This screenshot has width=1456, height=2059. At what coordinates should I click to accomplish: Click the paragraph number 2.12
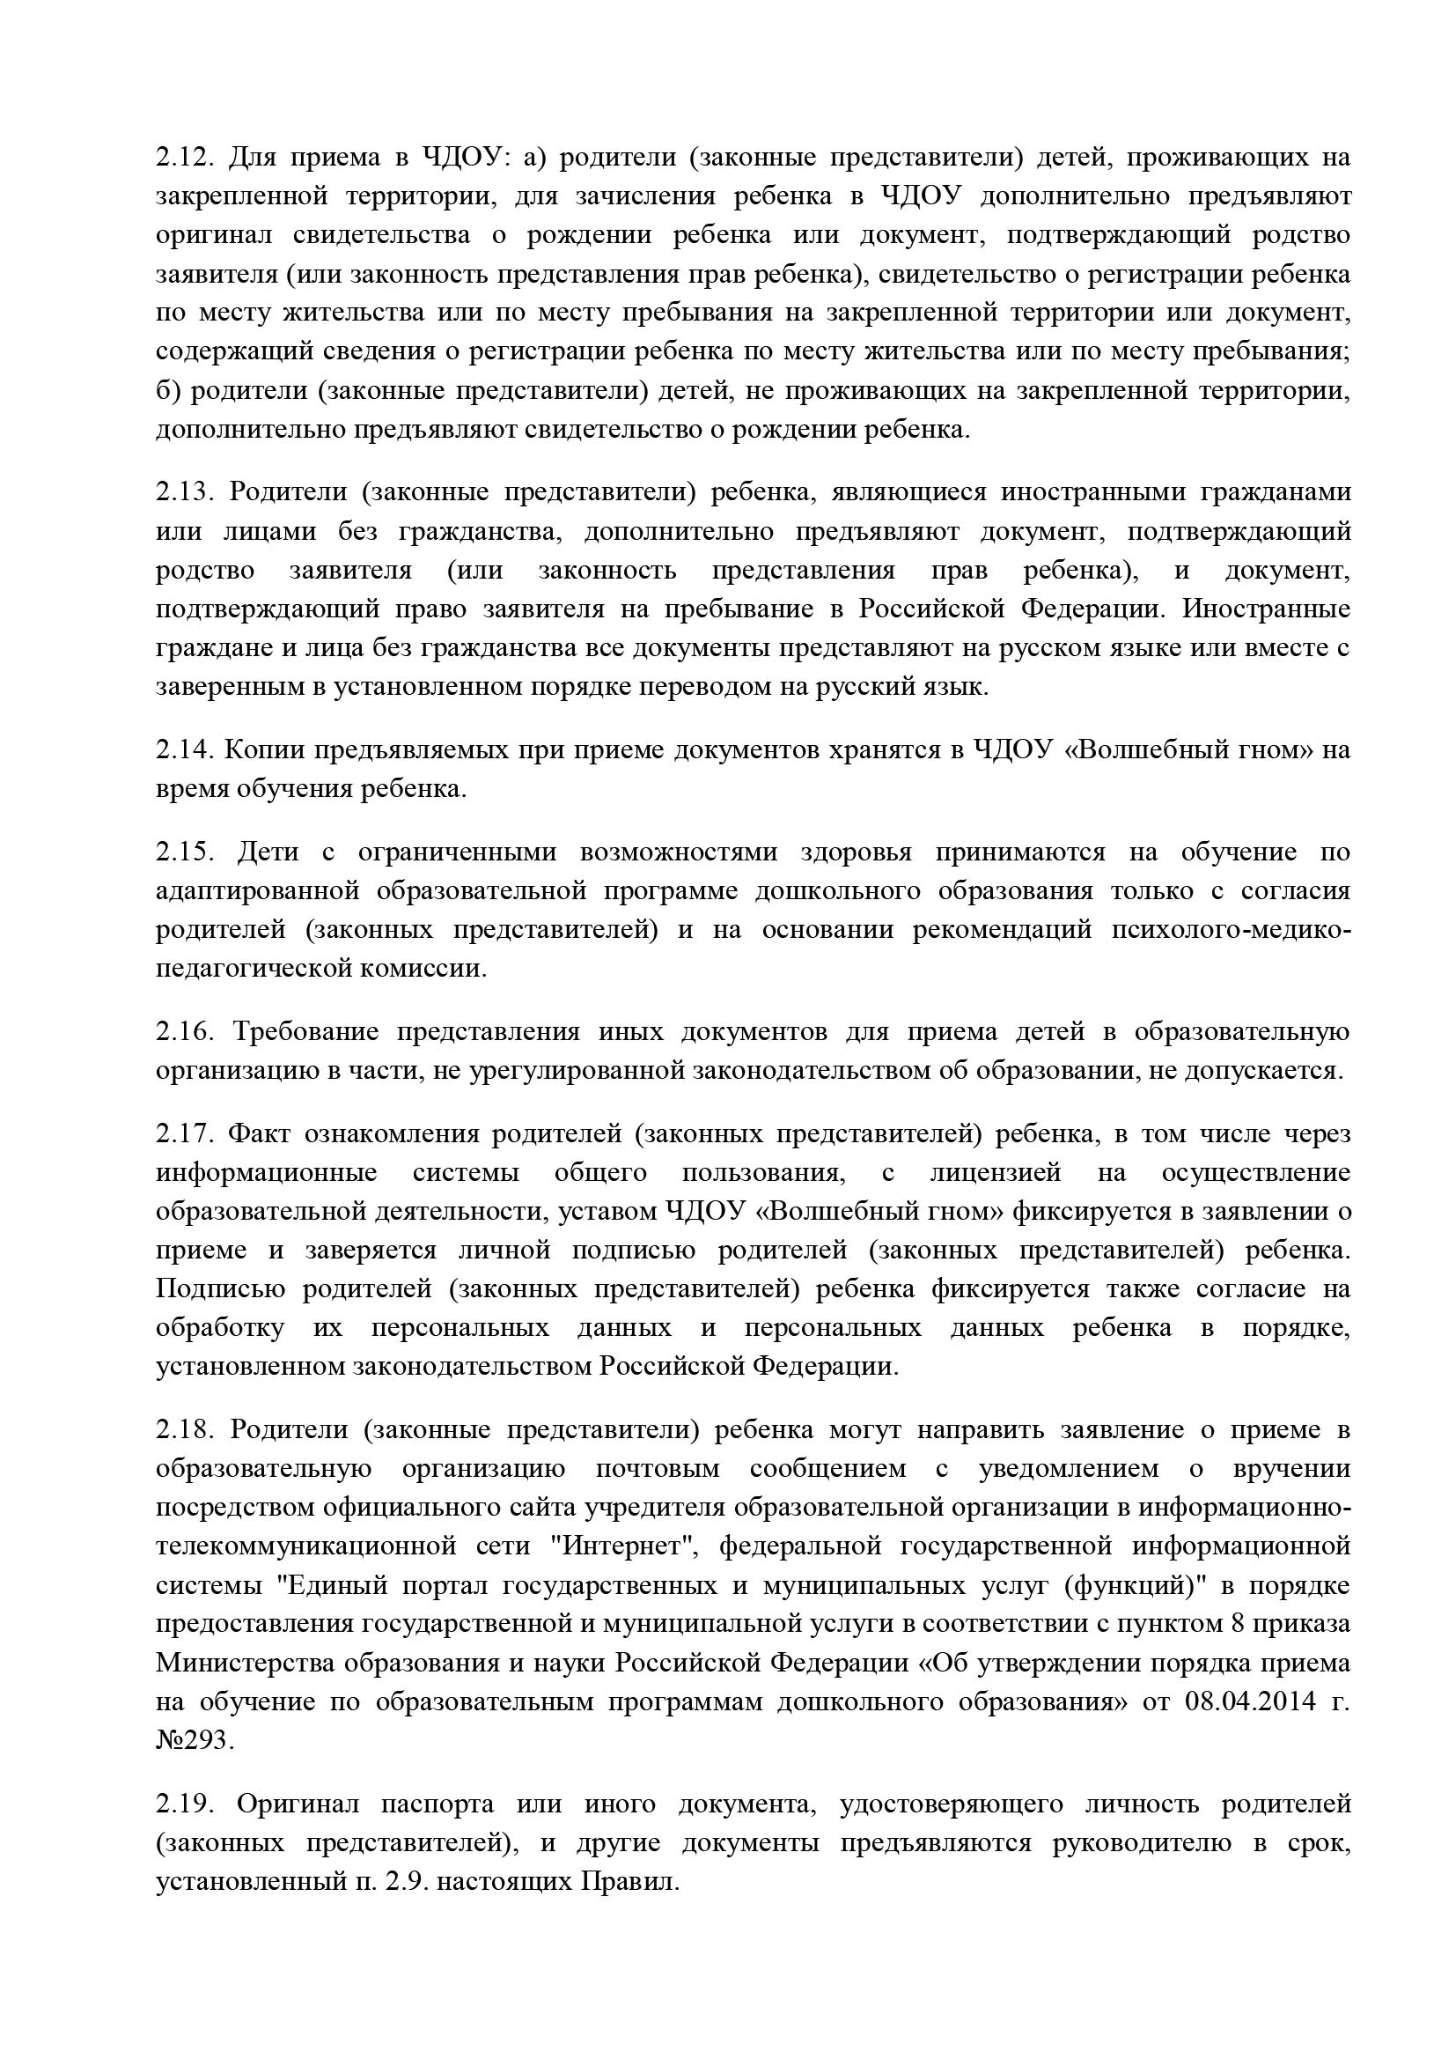[184, 158]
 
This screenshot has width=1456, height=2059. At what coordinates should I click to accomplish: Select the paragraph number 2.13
[184, 492]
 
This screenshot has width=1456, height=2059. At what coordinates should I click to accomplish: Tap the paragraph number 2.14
[183, 749]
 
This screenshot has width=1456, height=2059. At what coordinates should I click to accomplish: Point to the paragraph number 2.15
[186, 852]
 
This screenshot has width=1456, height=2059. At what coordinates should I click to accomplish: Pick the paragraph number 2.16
[185, 1032]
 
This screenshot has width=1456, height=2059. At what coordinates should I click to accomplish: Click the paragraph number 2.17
[184, 1134]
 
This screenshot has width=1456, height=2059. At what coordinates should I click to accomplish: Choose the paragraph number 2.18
[184, 1429]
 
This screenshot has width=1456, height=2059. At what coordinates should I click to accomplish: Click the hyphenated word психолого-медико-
[1230, 929]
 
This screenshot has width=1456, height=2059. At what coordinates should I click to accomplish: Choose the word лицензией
[996, 1173]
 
